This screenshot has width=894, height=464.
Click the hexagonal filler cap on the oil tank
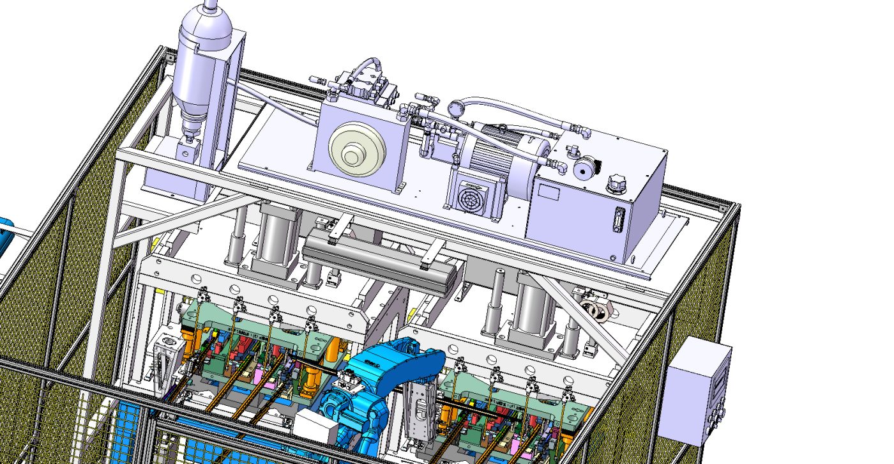616,183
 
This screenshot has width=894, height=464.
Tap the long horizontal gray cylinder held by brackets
382,259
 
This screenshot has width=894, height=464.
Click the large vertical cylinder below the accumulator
276,236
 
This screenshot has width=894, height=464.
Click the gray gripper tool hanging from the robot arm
422,409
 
